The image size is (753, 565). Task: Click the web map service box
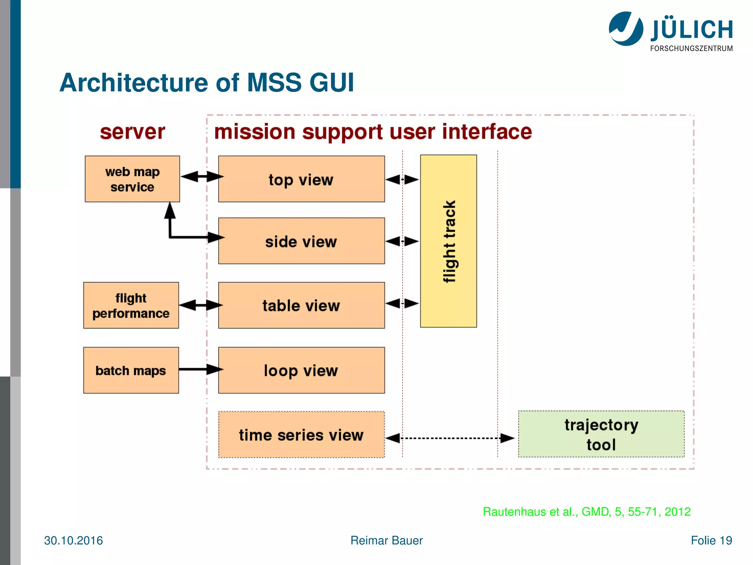coord(132,179)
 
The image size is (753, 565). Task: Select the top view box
coord(301,179)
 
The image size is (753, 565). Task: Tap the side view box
coord(301,241)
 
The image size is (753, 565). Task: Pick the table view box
coord(301,305)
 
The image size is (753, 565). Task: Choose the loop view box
coord(301,370)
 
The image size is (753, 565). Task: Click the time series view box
coord(301,435)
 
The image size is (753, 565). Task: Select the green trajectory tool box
coord(601,434)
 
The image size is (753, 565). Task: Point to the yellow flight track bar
coord(449,241)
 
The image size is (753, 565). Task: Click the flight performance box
coord(131,305)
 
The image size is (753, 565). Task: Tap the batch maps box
coord(131,370)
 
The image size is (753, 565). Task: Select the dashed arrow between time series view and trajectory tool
coord(450,438)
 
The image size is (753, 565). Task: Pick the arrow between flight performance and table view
coord(200,305)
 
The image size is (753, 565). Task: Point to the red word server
coord(132,132)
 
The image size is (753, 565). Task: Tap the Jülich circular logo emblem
coord(626,29)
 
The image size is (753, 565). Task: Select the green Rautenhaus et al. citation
coord(586,512)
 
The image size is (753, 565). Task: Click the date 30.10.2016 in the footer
coord(74,540)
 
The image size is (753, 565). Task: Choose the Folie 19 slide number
coord(711,540)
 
